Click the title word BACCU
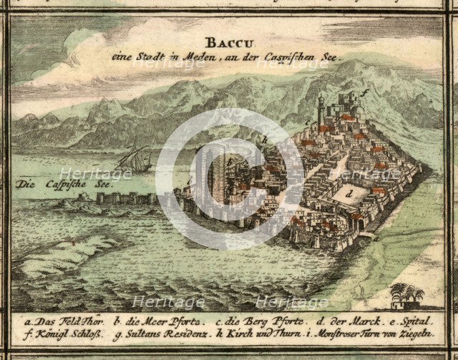(225, 41)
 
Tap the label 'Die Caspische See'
(44, 184)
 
